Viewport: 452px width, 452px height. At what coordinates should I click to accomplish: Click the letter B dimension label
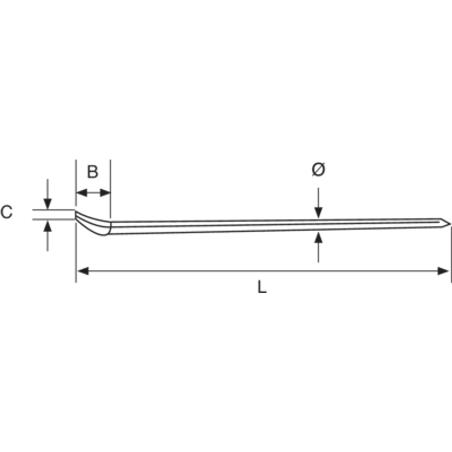click(x=93, y=172)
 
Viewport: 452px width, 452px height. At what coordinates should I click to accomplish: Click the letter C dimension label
click(x=7, y=212)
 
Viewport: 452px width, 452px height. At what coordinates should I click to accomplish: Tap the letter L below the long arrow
click(x=262, y=287)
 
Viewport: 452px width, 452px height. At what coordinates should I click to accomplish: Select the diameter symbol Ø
click(x=318, y=169)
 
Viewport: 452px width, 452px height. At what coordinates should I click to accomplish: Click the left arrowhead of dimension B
click(x=81, y=193)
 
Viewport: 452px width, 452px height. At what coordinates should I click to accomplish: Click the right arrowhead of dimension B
click(x=105, y=193)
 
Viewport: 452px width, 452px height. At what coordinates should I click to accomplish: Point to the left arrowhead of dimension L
click(x=83, y=271)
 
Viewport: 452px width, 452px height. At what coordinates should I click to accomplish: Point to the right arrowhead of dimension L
click(x=443, y=271)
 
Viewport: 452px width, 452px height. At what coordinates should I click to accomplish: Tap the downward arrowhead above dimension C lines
click(x=48, y=204)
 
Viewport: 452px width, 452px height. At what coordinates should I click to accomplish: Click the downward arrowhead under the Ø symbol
click(x=318, y=213)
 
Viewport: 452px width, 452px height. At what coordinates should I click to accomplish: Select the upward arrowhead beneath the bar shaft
click(x=318, y=238)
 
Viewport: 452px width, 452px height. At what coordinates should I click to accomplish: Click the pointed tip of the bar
click(x=450, y=224)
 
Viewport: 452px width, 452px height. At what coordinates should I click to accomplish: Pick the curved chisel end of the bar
click(x=92, y=223)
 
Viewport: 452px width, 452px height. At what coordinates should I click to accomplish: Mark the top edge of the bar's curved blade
click(x=92, y=217)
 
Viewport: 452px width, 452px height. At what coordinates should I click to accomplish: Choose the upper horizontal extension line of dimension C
click(x=53, y=210)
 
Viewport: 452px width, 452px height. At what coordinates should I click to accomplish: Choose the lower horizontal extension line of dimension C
click(x=53, y=219)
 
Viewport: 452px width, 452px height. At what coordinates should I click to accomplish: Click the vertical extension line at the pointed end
click(x=451, y=254)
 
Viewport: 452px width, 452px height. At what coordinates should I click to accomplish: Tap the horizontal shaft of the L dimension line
click(x=263, y=271)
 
